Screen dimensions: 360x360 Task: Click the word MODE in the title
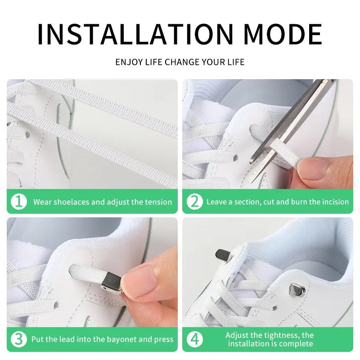coord(283,34)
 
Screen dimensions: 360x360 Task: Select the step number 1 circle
coord(18,202)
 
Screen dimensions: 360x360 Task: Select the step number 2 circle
coord(194,202)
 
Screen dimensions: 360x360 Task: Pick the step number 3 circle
coord(18,339)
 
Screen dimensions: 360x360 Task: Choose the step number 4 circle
coord(194,339)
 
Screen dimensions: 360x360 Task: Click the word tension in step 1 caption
coord(157,202)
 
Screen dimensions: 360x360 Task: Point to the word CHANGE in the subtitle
coord(182,62)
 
